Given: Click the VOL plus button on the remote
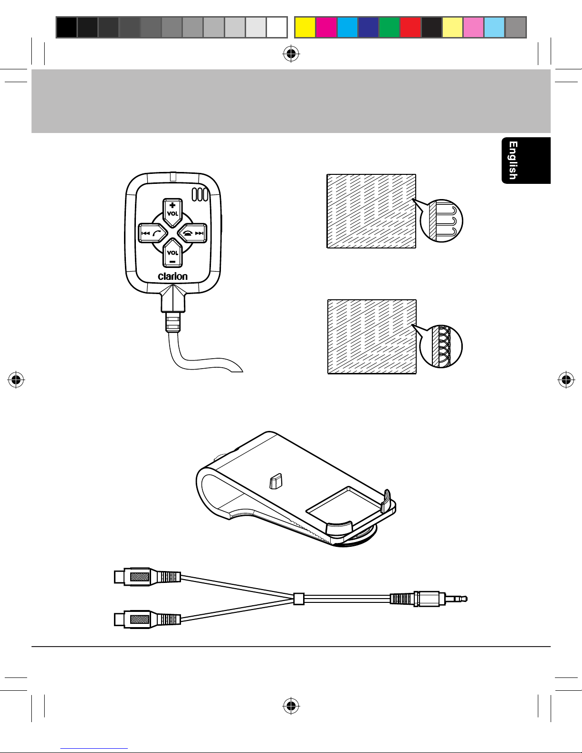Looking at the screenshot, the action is click(172, 210).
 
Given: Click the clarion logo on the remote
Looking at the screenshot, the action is click(172, 276).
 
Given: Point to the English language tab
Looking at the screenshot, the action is click(525, 161).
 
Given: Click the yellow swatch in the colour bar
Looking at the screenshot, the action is click(305, 27).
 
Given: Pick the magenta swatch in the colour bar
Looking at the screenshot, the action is click(326, 27).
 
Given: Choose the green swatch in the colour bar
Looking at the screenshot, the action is click(389, 27).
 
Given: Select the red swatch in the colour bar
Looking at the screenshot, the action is click(410, 27).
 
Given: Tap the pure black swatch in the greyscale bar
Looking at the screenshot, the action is click(67, 27).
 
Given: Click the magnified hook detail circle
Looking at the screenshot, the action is click(442, 220).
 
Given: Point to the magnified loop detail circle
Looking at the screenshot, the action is click(441, 346).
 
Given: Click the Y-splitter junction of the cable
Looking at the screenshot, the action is click(298, 599).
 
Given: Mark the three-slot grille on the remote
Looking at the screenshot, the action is click(200, 195).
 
